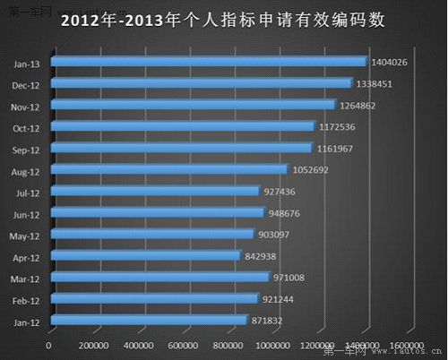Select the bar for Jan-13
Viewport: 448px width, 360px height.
(x=209, y=61)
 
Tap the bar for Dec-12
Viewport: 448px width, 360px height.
(x=202, y=82)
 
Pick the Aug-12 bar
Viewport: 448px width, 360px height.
(x=169, y=168)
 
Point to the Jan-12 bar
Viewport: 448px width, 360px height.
(x=149, y=319)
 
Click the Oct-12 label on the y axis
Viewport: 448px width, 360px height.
(x=26, y=126)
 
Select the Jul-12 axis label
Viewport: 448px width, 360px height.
(x=27, y=191)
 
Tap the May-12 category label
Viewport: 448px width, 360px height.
(x=25, y=234)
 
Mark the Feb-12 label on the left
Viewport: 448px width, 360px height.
(x=26, y=298)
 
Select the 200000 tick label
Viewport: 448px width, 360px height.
(x=94, y=345)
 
